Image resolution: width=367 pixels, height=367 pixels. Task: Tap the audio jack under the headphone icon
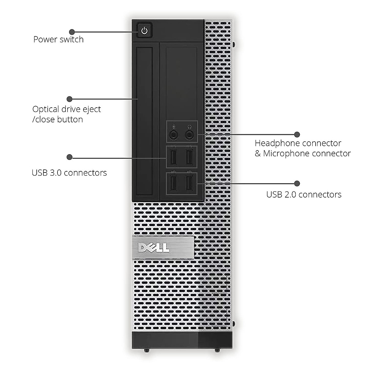[x=190, y=134]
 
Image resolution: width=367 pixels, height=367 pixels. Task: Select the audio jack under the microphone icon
[x=174, y=134]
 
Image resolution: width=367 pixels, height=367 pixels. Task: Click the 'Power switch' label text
[x=58, y=39]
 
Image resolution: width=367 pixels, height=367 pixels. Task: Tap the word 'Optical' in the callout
[x=46, y=109]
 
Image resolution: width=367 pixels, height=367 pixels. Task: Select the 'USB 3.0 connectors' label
[x=69, y=173]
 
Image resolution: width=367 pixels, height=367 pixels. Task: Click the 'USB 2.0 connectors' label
[x=304, y=195]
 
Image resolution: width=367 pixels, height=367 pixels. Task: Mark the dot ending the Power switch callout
[x=72, y=32]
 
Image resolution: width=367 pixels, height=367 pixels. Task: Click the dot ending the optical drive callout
[x=69, y=99]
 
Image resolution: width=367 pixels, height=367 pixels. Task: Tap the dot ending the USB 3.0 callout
[x=69, y=157]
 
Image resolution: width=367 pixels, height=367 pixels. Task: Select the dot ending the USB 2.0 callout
[x=297, y=183]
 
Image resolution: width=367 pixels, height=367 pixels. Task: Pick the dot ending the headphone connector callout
[x=297, y=134]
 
